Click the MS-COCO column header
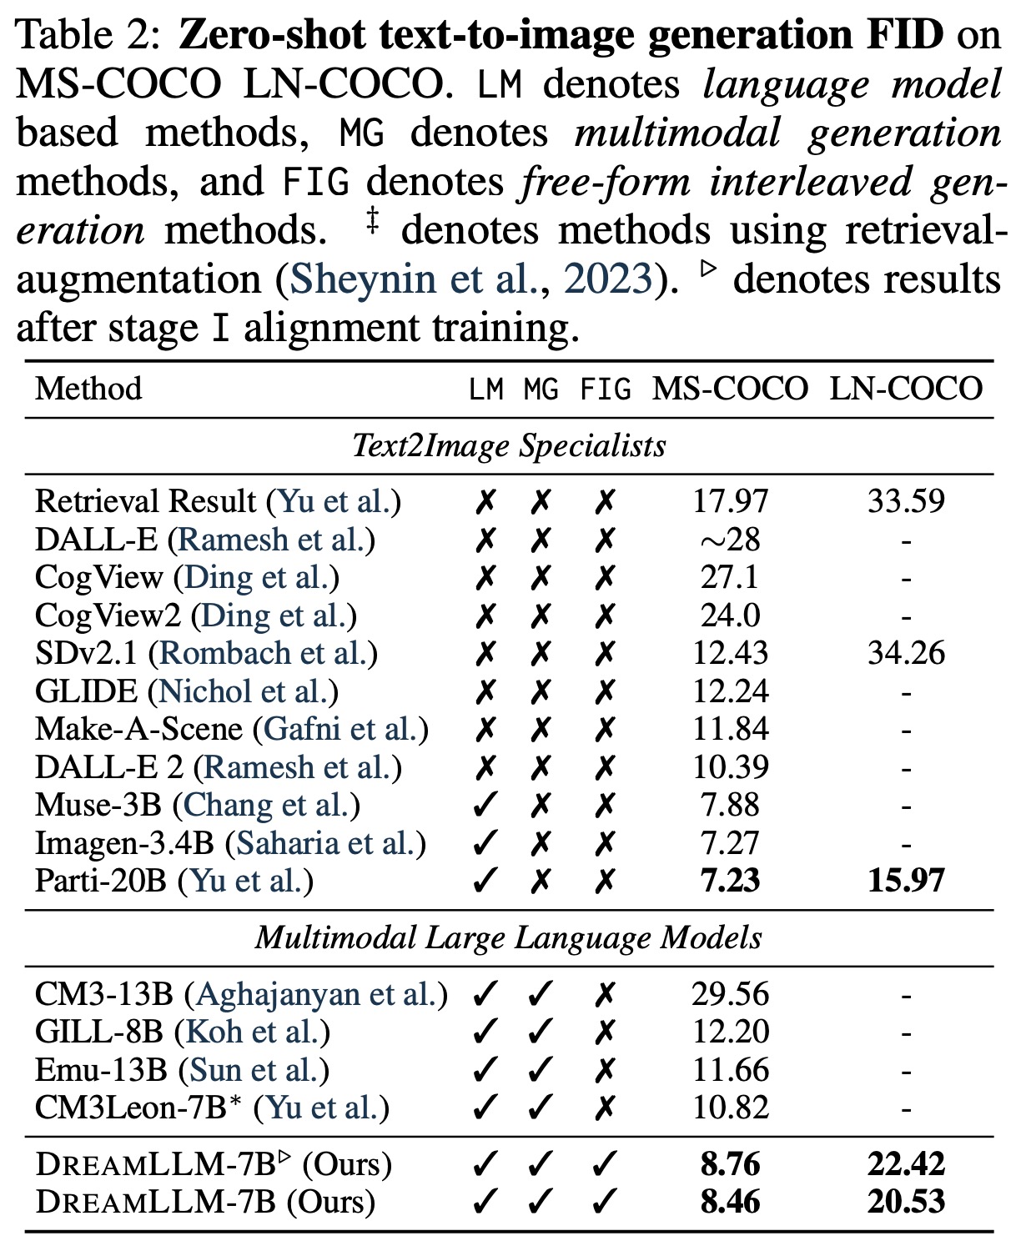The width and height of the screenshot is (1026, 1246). (x=730, y=389)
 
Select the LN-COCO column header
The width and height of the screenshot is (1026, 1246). (x=906, y=389)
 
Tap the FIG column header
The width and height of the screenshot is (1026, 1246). (x=606, y=389)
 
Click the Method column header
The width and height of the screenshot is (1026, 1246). (x=88, y=389)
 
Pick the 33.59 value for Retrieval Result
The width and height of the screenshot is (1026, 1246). (x=906, y=501)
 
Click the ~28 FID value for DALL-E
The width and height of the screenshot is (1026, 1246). (x=730, y=540)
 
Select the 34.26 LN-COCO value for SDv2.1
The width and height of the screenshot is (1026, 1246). (x=906, y=653)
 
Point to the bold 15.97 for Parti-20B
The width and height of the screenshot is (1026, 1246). (x=906, y=881)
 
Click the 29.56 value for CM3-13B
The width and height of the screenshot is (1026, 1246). (x=730, y=994)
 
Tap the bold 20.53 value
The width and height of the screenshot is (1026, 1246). (x=906, y=1202)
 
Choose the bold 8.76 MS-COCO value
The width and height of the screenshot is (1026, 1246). (x=730, y=1164)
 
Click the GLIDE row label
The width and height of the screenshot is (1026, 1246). (x=86, y=691)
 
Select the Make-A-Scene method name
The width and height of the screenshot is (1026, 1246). (x=138, y=729)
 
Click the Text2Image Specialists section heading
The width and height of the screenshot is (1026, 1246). (x=509, y=445)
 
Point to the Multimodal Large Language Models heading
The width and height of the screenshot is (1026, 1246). (x=509, y=938)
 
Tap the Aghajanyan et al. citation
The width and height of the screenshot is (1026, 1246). (x=316, y=994)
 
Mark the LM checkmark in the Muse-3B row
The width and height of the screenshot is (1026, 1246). (x=485, y=805)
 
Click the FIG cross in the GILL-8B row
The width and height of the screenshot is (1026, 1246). (x=606, y=1032)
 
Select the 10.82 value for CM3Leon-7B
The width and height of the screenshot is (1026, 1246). (x=730, y=1108)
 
